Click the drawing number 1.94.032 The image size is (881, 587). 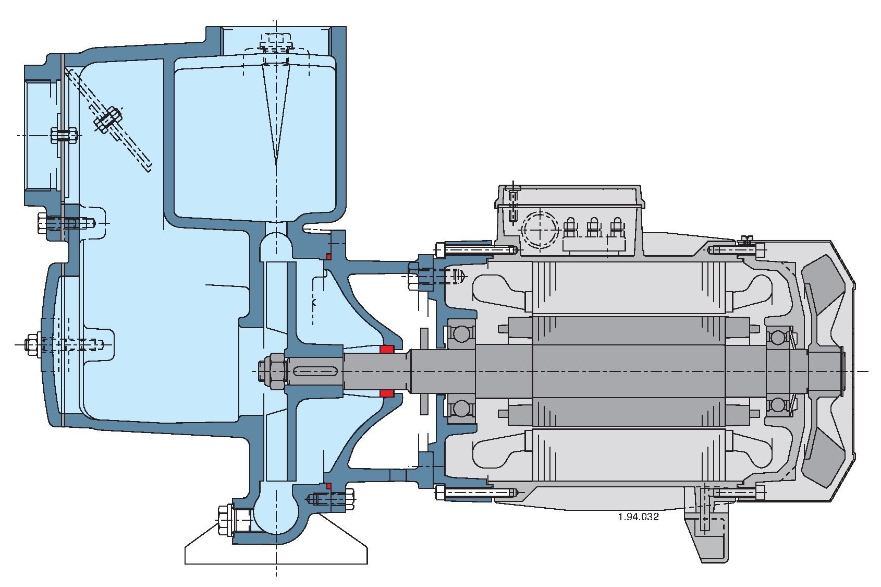pos(638,517)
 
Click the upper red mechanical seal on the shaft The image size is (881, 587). pos(386,349)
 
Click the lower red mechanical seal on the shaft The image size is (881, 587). pos(386,393)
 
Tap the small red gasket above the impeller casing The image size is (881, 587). pos(328,256)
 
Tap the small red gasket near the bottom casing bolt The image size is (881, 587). pos(328,486)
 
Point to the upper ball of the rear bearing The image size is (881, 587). pos(778,337)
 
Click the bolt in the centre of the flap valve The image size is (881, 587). pos(108,119)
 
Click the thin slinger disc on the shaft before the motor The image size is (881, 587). pos(424,371)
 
